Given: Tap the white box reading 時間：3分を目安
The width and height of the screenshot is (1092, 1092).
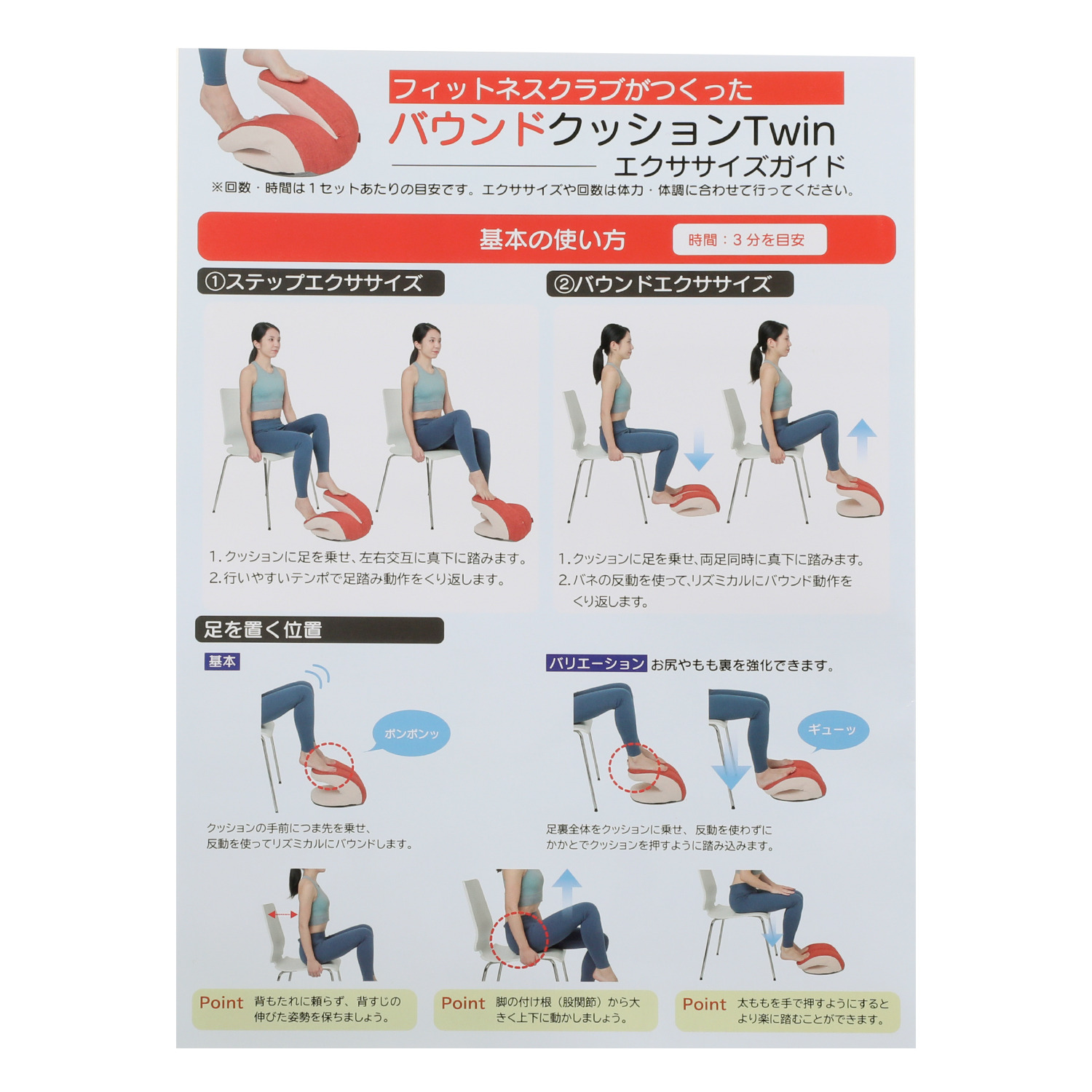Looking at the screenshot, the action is (749, 240).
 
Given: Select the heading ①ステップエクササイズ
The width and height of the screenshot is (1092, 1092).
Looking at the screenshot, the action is (320, 282).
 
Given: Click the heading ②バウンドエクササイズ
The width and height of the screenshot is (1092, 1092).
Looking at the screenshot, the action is (669, 284).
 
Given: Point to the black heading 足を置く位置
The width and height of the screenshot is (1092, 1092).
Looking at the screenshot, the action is (319, 630).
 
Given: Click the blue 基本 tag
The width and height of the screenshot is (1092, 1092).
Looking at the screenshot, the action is (222, 662).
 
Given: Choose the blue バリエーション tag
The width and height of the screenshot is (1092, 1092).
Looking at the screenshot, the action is (596, 663).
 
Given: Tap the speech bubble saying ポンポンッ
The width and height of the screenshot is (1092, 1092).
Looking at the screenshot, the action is (411, 733).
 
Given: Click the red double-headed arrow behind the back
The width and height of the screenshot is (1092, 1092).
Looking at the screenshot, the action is (282, 914).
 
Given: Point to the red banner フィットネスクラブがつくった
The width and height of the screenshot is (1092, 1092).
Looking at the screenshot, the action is (616, 88).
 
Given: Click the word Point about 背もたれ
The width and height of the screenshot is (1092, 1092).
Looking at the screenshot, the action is (221, 1002).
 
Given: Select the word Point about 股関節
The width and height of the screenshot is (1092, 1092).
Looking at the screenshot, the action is (463, 1003).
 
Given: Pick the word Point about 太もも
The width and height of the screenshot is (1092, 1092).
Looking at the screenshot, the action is (704, 1005).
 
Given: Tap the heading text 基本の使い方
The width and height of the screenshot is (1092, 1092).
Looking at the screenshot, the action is (553, 240).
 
